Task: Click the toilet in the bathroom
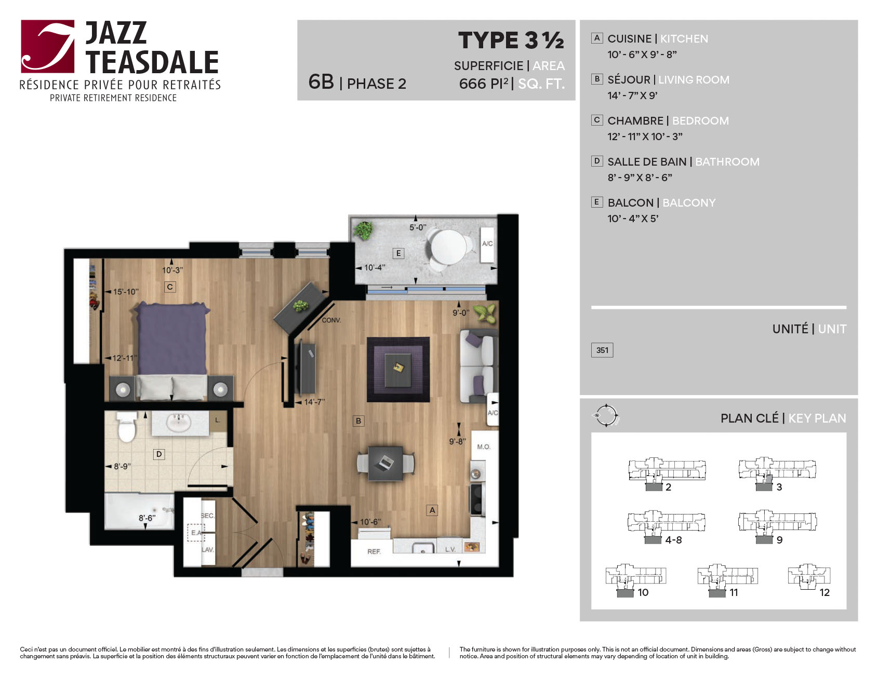click(x=126, y=427)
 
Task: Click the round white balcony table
click(x=448, y=247)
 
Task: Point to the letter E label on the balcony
click(x=398, y=253)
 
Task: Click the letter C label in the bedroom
click(x=170, y=287)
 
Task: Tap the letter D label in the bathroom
click(x=159, y=454)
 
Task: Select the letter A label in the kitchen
click(x=432, y=510)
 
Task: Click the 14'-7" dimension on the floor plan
click(x=315, y=402)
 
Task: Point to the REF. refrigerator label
click(x=374, y=551)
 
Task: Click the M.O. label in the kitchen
click(x=484, y=446)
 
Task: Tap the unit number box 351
click(x=602, y=350)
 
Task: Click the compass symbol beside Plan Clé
click(x=606, y=416)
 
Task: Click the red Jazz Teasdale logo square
click(x=48, y=46)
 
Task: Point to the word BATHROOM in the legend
click(x=727, y=161)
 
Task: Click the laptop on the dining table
click(x=385, y=462)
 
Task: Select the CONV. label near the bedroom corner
click(x=331, y=320)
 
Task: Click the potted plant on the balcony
click(x=363, y=229)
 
